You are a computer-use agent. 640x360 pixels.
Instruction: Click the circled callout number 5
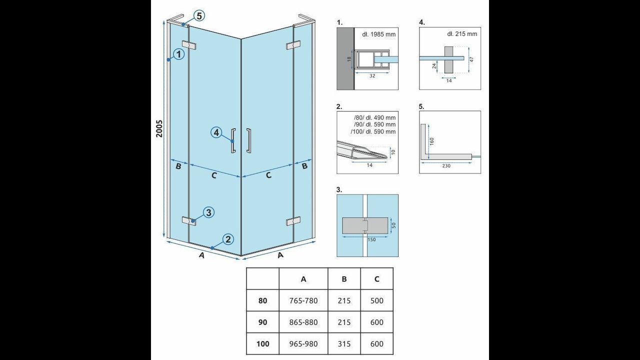(x=199, y=15)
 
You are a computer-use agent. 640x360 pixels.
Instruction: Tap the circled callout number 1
(x=179, y=54)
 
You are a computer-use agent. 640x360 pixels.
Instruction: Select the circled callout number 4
(x=216, y=132)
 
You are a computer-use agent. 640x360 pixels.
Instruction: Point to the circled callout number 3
(x=208, y=212)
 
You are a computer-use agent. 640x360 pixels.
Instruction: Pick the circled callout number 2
(x=227, y=239)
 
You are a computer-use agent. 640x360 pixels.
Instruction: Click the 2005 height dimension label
(x=159, y=128)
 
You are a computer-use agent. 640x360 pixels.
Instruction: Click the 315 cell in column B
(x=344, y=343)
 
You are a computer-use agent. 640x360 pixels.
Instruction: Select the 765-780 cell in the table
(x=303, y=300)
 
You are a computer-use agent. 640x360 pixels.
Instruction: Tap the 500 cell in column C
(x=377, y=300)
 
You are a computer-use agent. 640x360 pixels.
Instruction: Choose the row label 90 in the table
(x=262, y=322)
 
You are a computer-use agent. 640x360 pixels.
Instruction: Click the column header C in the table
(x=377, y=279)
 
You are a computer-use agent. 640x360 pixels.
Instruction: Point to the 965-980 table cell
(x=303, y=343)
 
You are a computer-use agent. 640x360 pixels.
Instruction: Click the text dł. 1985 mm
(x=379, y=34)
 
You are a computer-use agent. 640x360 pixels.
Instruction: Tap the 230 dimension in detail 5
(x=446, y=165)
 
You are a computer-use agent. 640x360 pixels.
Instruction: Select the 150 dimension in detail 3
(x=371, y=239)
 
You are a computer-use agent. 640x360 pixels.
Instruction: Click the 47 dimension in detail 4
(x=471, y=59)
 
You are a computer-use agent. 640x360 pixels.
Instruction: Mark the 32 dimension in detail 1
(x=372, y=75)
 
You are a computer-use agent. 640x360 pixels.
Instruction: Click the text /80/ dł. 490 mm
(x=374, y=117)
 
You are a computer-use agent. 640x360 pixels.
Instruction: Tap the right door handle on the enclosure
(x=249, y=140)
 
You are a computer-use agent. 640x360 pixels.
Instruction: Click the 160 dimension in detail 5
(x=431, y=141)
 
